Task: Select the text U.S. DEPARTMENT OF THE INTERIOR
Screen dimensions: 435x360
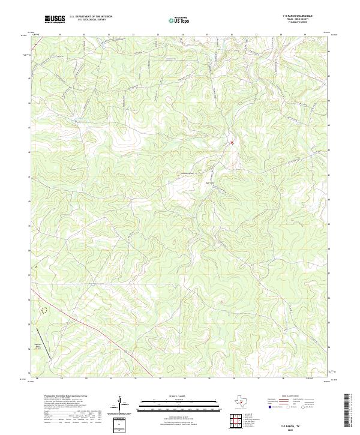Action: (x=91, y=17)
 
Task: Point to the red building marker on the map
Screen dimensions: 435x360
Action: (x=231, y=143)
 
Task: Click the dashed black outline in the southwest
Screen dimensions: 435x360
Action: (x=43, y=310)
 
